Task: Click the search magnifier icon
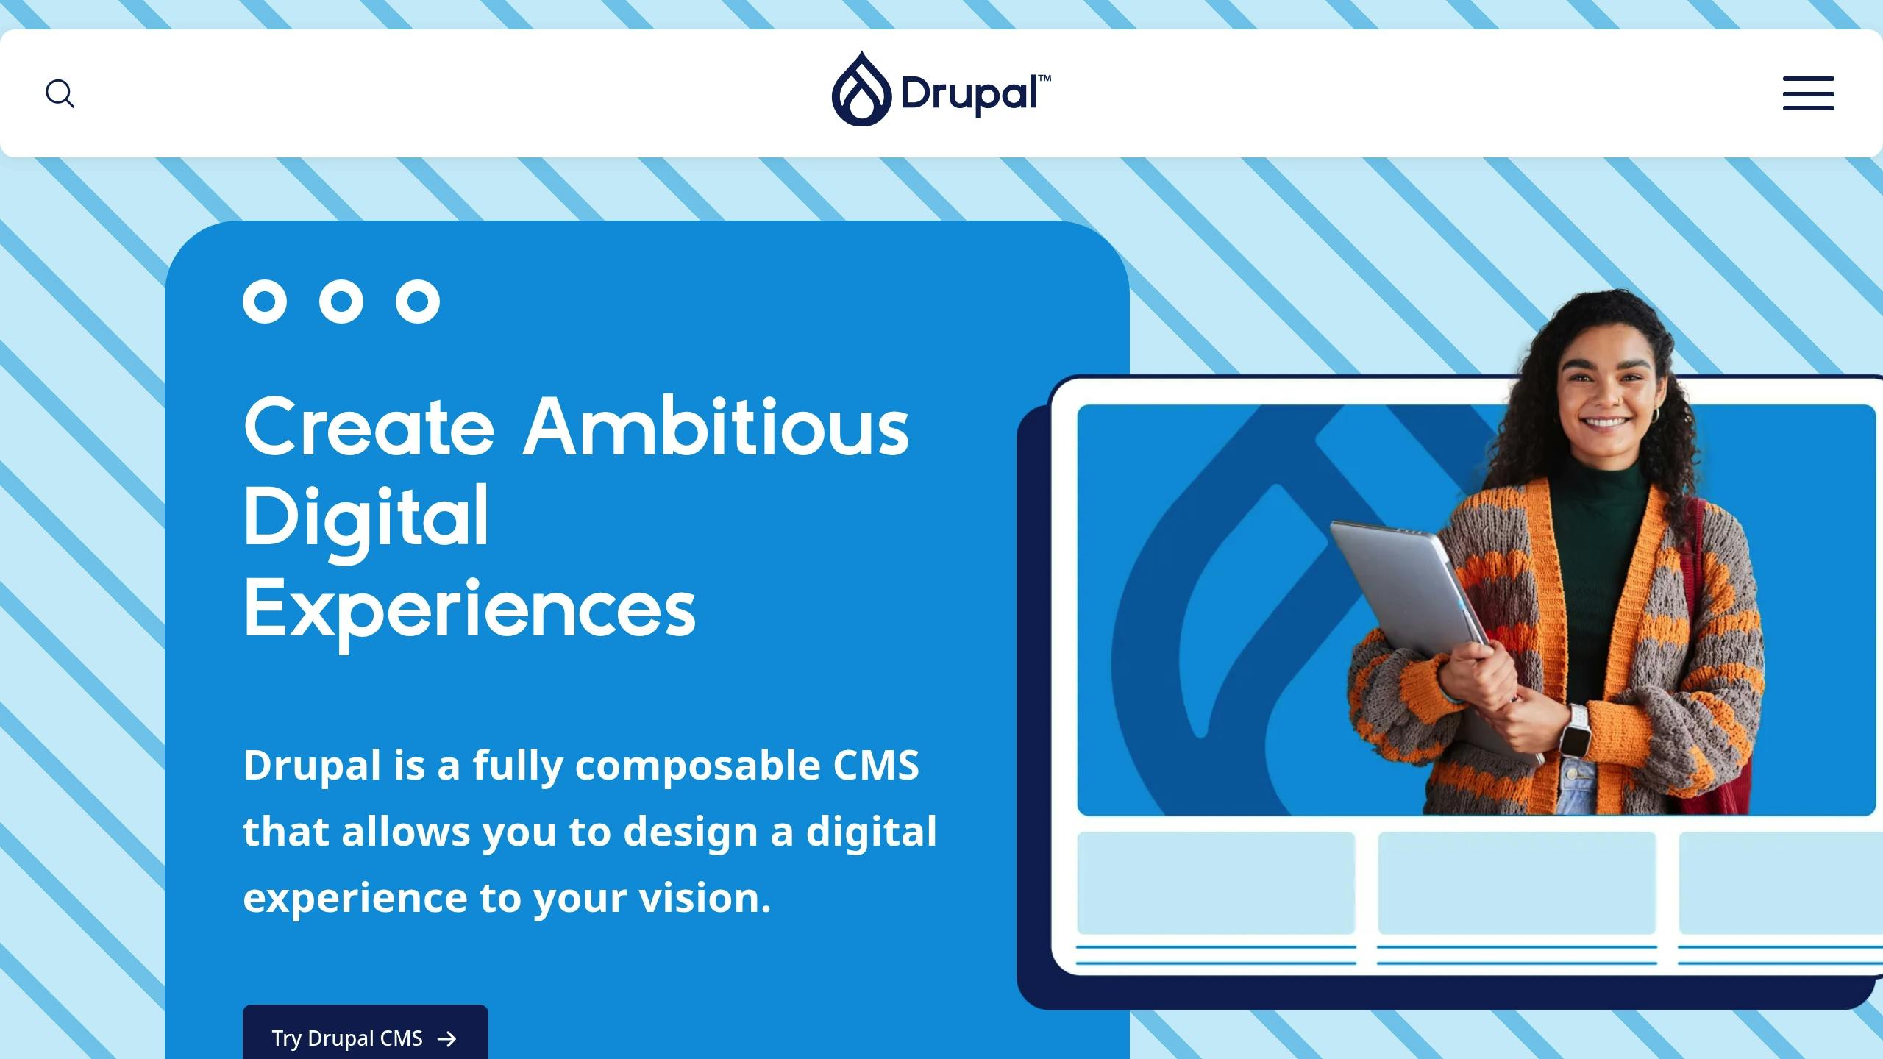click(60, 94)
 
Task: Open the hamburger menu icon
click(1808, 93)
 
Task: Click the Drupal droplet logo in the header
click(861, 90)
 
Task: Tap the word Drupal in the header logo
click(969, 94)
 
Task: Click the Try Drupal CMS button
click(365, 1037)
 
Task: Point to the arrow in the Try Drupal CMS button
click(446, 1038)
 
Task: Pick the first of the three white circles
click(265, 302)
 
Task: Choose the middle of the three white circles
click(341, 302)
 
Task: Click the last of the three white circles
click(418, 302)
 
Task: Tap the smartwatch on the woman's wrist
click(1576, 730)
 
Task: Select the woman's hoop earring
click(1655, 416)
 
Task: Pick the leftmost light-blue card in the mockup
click(1216, 883)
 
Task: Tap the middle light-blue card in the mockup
click(1517, 883)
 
